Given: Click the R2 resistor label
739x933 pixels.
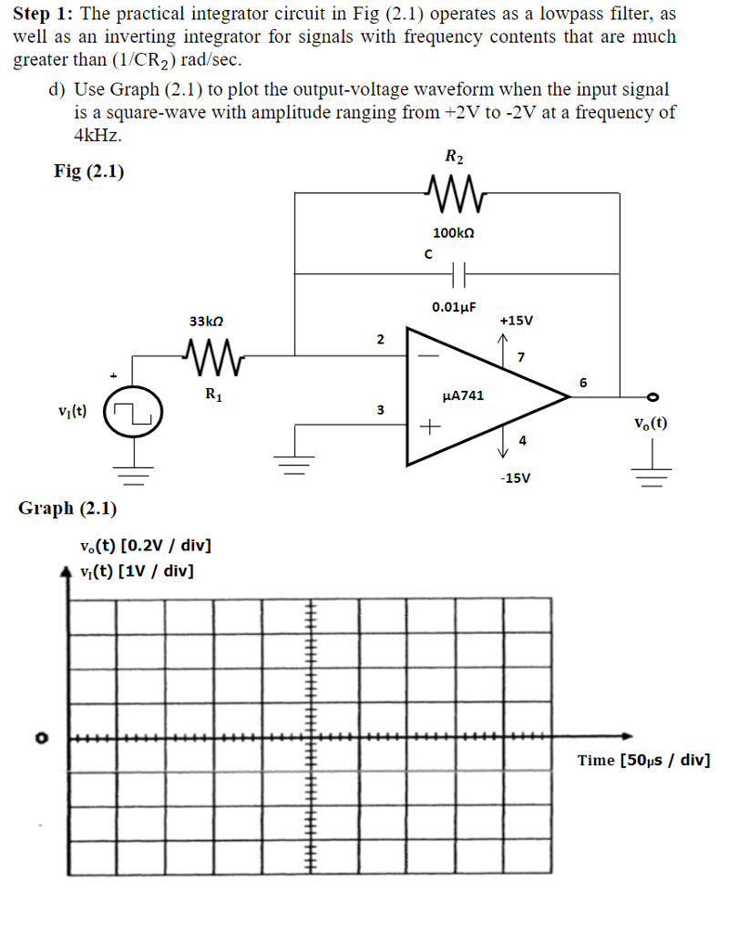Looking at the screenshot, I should pos(454,158).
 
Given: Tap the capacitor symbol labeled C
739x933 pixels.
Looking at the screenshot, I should pos(458,272).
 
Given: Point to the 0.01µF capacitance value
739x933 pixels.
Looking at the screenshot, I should pos(456,308).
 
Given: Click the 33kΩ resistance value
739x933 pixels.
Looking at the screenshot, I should pos(206,322).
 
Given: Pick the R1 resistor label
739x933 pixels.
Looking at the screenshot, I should pos(210,395).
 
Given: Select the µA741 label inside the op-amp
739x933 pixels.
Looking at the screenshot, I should pos(463,395).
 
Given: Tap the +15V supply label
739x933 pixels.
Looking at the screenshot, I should pos(517,321).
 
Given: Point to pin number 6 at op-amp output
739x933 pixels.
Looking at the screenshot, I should pos(583,381).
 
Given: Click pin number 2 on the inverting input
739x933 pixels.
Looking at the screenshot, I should pos(380,339).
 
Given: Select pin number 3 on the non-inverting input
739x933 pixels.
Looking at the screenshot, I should pos(380,409).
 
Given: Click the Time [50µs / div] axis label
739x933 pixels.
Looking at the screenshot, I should pos(643,761).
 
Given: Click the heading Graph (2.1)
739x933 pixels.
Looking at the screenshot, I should pos(67,508).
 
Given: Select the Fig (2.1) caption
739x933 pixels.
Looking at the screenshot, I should pos(89,171).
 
